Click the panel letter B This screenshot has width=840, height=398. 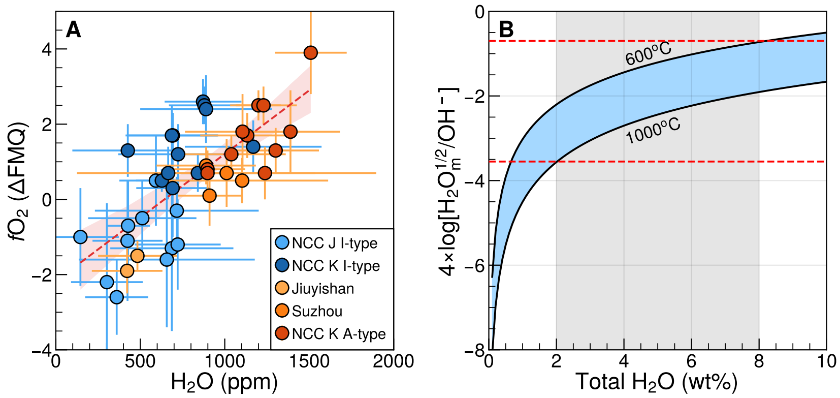click(x=506, y=30)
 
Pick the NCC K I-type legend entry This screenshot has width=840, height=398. click(x=328, y=265)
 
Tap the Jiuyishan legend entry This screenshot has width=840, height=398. click(x=315, y=288)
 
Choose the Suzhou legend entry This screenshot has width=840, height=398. click(x=309, y=311)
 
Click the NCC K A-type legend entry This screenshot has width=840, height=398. click(x=331, y=333)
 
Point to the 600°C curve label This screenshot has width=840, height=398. click(x=648, y=54)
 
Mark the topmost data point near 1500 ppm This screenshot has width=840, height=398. click(x=311, y=52)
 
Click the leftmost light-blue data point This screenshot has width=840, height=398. click(x=80, y=237)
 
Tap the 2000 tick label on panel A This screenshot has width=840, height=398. click(x=394, y=361)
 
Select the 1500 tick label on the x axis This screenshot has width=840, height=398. click(x=309, y=361)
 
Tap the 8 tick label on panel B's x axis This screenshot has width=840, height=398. click(x=759, y=361)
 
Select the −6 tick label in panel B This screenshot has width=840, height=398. click(x=476, y=265)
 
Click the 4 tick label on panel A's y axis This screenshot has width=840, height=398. click(x=47, y=49)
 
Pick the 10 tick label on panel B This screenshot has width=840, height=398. click(x=826, y=361)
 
